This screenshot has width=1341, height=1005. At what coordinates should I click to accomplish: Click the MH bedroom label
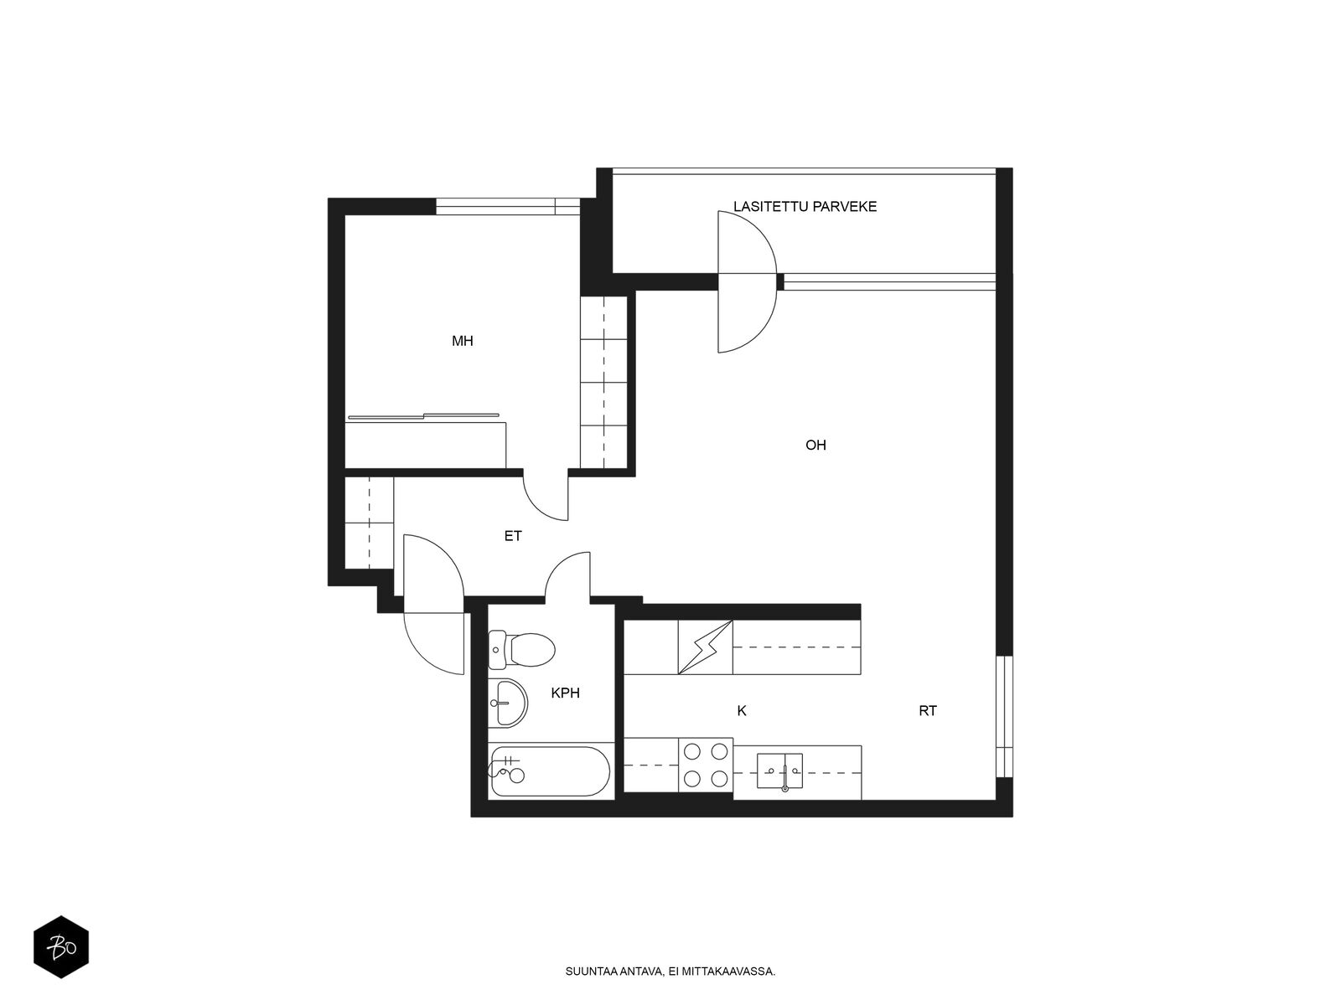[x=463, y=341]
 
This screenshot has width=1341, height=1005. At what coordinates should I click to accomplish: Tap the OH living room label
[x=815, y=446]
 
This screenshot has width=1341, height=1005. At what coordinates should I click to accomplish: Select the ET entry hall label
[x=513, y=536]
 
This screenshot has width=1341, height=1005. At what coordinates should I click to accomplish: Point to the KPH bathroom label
[x=565, y=693]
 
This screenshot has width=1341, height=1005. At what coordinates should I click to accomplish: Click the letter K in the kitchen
[x=742, y=711]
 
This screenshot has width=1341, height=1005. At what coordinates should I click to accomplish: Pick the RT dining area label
[x=928, y=711]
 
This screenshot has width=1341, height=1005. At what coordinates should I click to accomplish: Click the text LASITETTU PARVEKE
[x=805, y=207]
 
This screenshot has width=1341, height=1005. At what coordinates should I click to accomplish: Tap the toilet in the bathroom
[x=522, y=649]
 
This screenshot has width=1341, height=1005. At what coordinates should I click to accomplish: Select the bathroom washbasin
[x=508, y=703]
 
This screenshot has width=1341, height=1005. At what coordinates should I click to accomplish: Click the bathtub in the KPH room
[x=550, y=771]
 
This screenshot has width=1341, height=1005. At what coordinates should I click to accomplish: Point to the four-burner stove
[x=706, y=765]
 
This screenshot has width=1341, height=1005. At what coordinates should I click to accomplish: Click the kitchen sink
[x=779, y=771]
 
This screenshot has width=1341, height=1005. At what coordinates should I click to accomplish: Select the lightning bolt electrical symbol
[x=706, y=647]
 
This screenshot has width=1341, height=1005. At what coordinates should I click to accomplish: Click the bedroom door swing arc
[x=537, y=507]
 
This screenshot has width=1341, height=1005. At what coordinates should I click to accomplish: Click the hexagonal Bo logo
[x=61, y=947]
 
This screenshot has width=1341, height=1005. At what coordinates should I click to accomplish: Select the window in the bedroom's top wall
[x=508, y=207]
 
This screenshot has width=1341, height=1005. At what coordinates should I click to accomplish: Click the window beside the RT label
[x=1004, y=716]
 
